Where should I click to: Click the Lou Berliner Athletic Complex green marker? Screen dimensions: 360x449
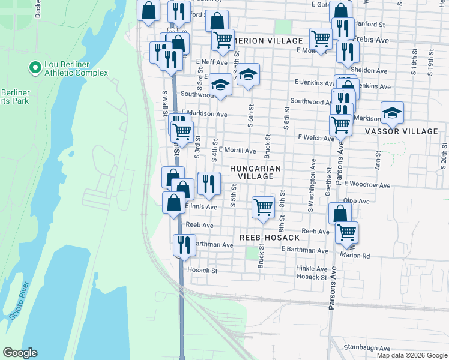click(34, 67)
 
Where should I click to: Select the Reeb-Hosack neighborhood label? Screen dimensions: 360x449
click(270, 238)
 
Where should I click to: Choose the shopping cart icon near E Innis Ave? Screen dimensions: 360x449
click(263, 207)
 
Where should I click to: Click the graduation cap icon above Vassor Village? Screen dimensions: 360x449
click(392, 112)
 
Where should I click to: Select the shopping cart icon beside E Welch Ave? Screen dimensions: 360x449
click(340, 125)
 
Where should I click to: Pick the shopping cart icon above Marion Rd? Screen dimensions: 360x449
click(346, 232)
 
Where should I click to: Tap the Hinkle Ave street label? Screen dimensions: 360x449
click(312, 269)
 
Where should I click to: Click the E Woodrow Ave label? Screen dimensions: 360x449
click(368, 184)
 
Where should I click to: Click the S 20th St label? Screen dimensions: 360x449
click(444, 158)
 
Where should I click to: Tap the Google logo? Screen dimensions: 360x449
click(20, 353)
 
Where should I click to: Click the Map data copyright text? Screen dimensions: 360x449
click(411, 355)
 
